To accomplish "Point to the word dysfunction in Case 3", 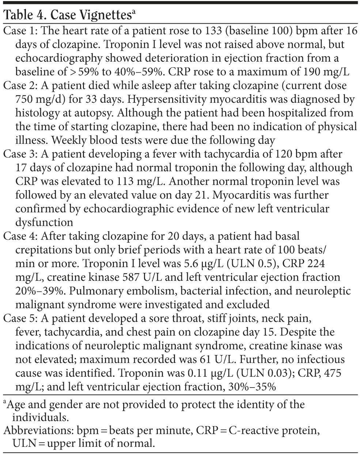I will (44, 222).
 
